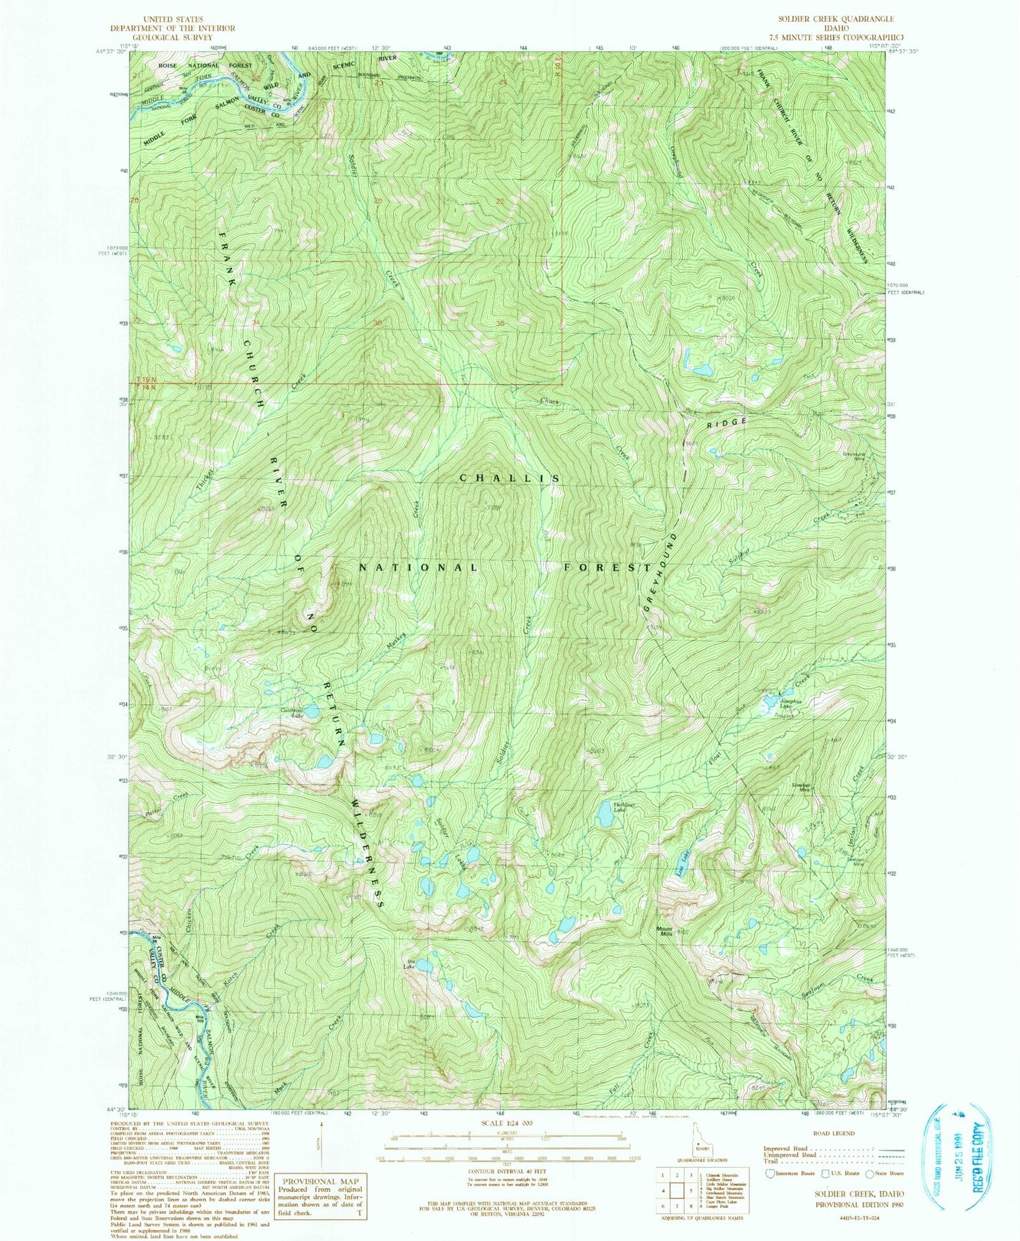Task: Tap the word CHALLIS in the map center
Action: coord(510,478)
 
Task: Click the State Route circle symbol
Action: coord(872,1172)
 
